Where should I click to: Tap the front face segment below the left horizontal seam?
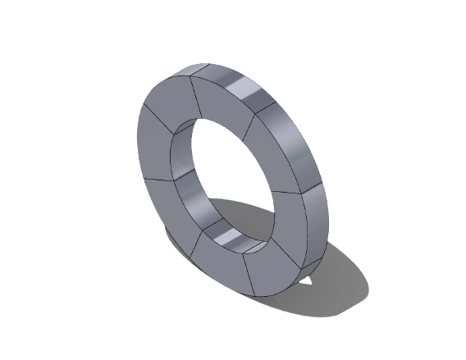pos(164,205)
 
